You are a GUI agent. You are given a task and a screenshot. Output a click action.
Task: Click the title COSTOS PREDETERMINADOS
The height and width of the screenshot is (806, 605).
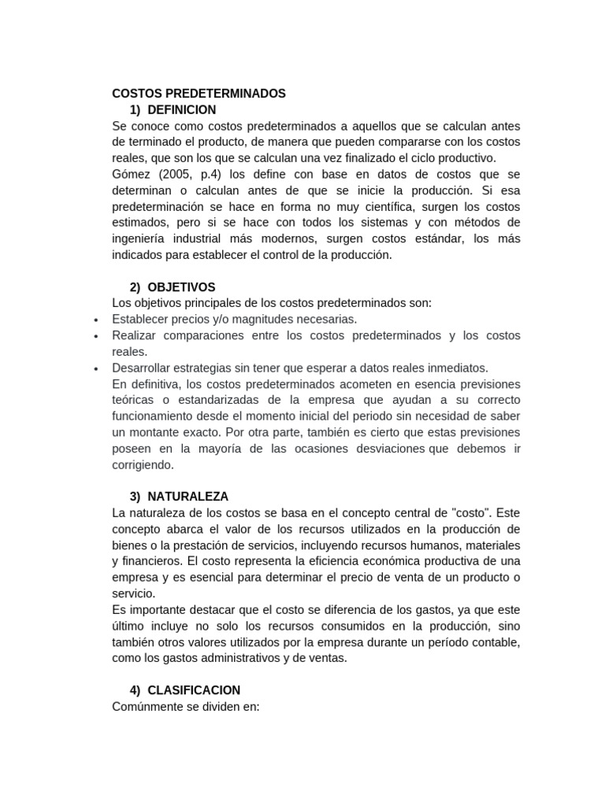click(199, 94)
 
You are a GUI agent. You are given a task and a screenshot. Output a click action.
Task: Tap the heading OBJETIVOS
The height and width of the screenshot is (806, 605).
click(181, 287)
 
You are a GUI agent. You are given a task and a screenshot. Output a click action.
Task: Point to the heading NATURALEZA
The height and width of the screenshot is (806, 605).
click(187, 497)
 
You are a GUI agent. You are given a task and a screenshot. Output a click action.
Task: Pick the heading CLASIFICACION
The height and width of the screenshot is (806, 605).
click(193, 690)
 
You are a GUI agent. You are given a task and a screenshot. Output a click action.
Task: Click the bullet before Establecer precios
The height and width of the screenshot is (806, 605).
click(95, 320)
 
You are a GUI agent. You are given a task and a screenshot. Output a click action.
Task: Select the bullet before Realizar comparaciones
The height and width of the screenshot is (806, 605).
click(95, 336)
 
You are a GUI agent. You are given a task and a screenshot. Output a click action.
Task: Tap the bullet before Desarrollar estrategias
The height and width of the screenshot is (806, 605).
click(95, 368)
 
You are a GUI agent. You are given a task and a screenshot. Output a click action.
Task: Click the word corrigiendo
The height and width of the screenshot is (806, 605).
click(143, 464)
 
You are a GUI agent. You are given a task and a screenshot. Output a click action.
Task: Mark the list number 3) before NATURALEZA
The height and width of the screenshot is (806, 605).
click(135, 497)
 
